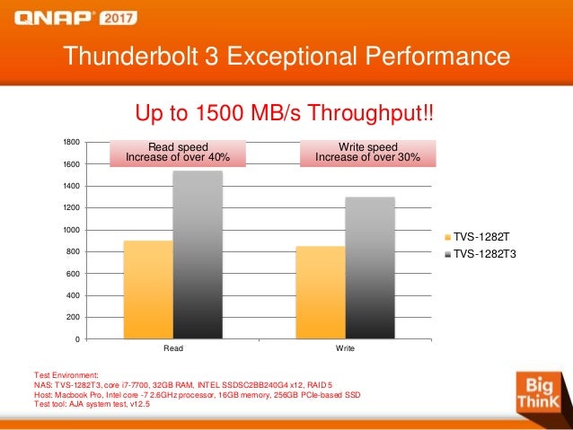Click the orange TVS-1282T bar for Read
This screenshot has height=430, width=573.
pos(147,289)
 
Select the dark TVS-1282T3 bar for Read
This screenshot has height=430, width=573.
pos(197,255)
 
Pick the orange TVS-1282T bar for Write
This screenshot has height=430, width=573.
pos(320,292)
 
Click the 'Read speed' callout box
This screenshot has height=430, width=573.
pos(177,153)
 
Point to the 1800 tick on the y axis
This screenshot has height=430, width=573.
pos(70,143)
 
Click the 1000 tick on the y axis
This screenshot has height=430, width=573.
pos(70,230)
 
